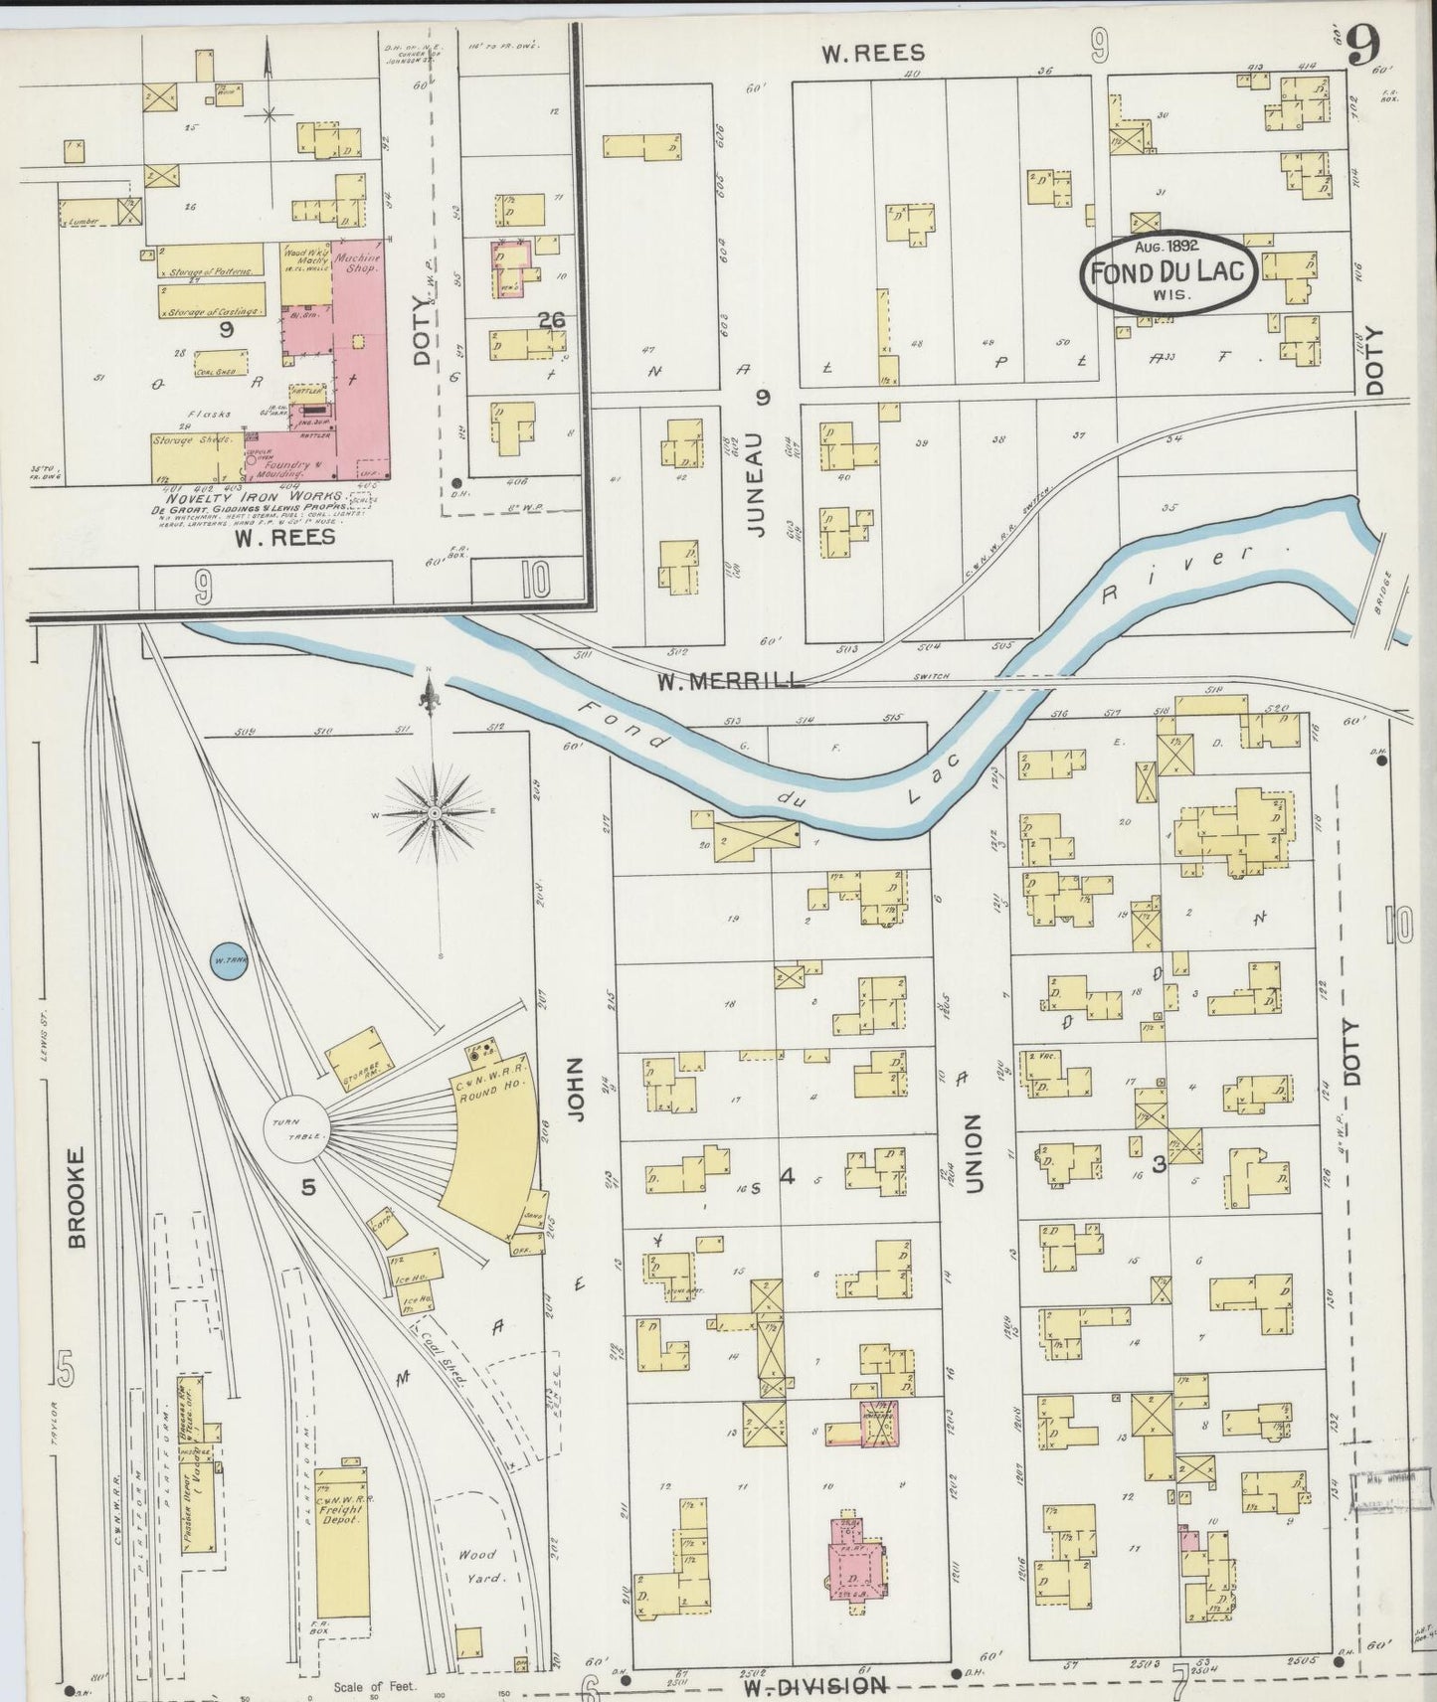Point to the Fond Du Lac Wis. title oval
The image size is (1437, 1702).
(x=1169, y=270)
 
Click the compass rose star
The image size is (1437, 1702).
(x=436, y=813)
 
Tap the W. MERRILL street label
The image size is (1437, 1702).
(x=730, y=682)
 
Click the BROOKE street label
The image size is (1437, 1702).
(x=78, y=1197)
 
